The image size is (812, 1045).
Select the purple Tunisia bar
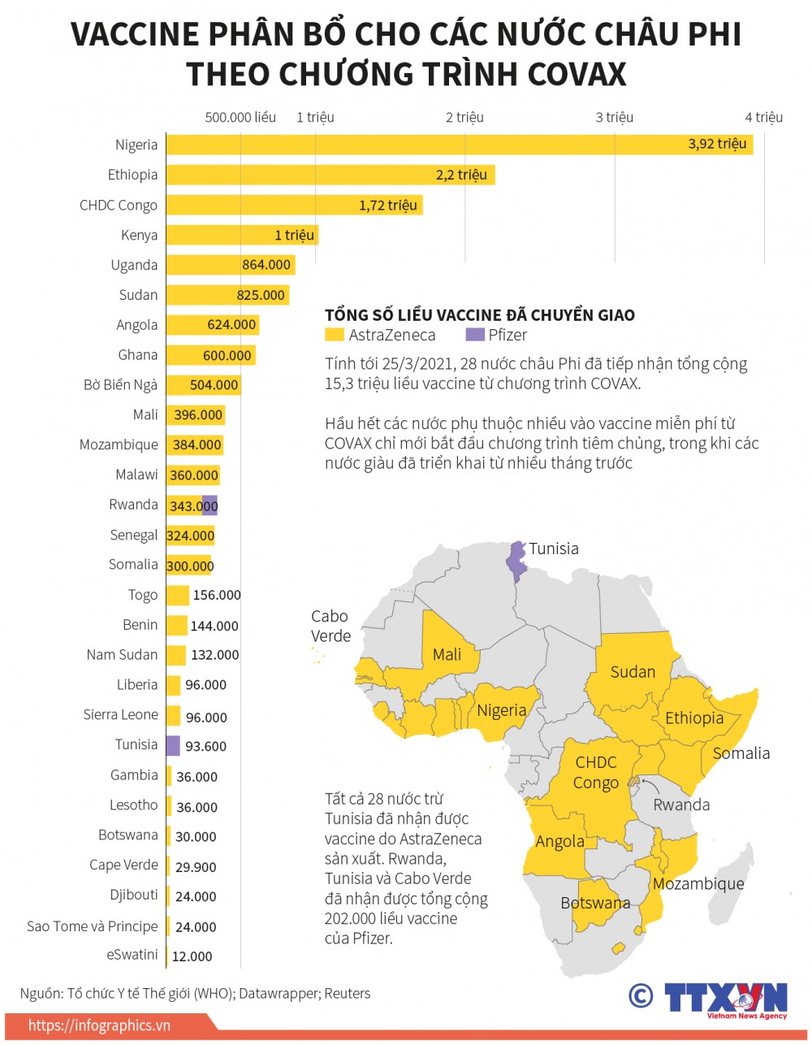click(173, 745)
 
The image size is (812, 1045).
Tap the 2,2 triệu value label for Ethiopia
click(461, 175)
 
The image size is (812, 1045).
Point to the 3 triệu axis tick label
click(614, 117)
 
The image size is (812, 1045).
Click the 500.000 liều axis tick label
click(240, 117)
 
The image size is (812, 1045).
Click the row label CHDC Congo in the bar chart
click(119, 205)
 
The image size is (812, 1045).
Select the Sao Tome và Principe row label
click(93, 926)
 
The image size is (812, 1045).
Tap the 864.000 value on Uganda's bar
click(266, 264)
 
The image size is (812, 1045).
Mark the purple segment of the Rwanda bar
click(209, 505)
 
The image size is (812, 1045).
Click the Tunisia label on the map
click(554, 549)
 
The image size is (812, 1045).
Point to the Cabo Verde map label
click(330, 626)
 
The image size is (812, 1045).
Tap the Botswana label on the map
click(595, 903)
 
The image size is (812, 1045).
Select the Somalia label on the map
click(741, 752)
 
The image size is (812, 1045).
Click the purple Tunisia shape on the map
click(515, 562)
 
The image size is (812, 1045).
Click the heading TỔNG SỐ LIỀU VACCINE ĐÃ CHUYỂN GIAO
click(480, 315)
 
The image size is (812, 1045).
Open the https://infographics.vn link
click(100, 1025)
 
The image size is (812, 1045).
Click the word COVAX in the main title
click(577, 75)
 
